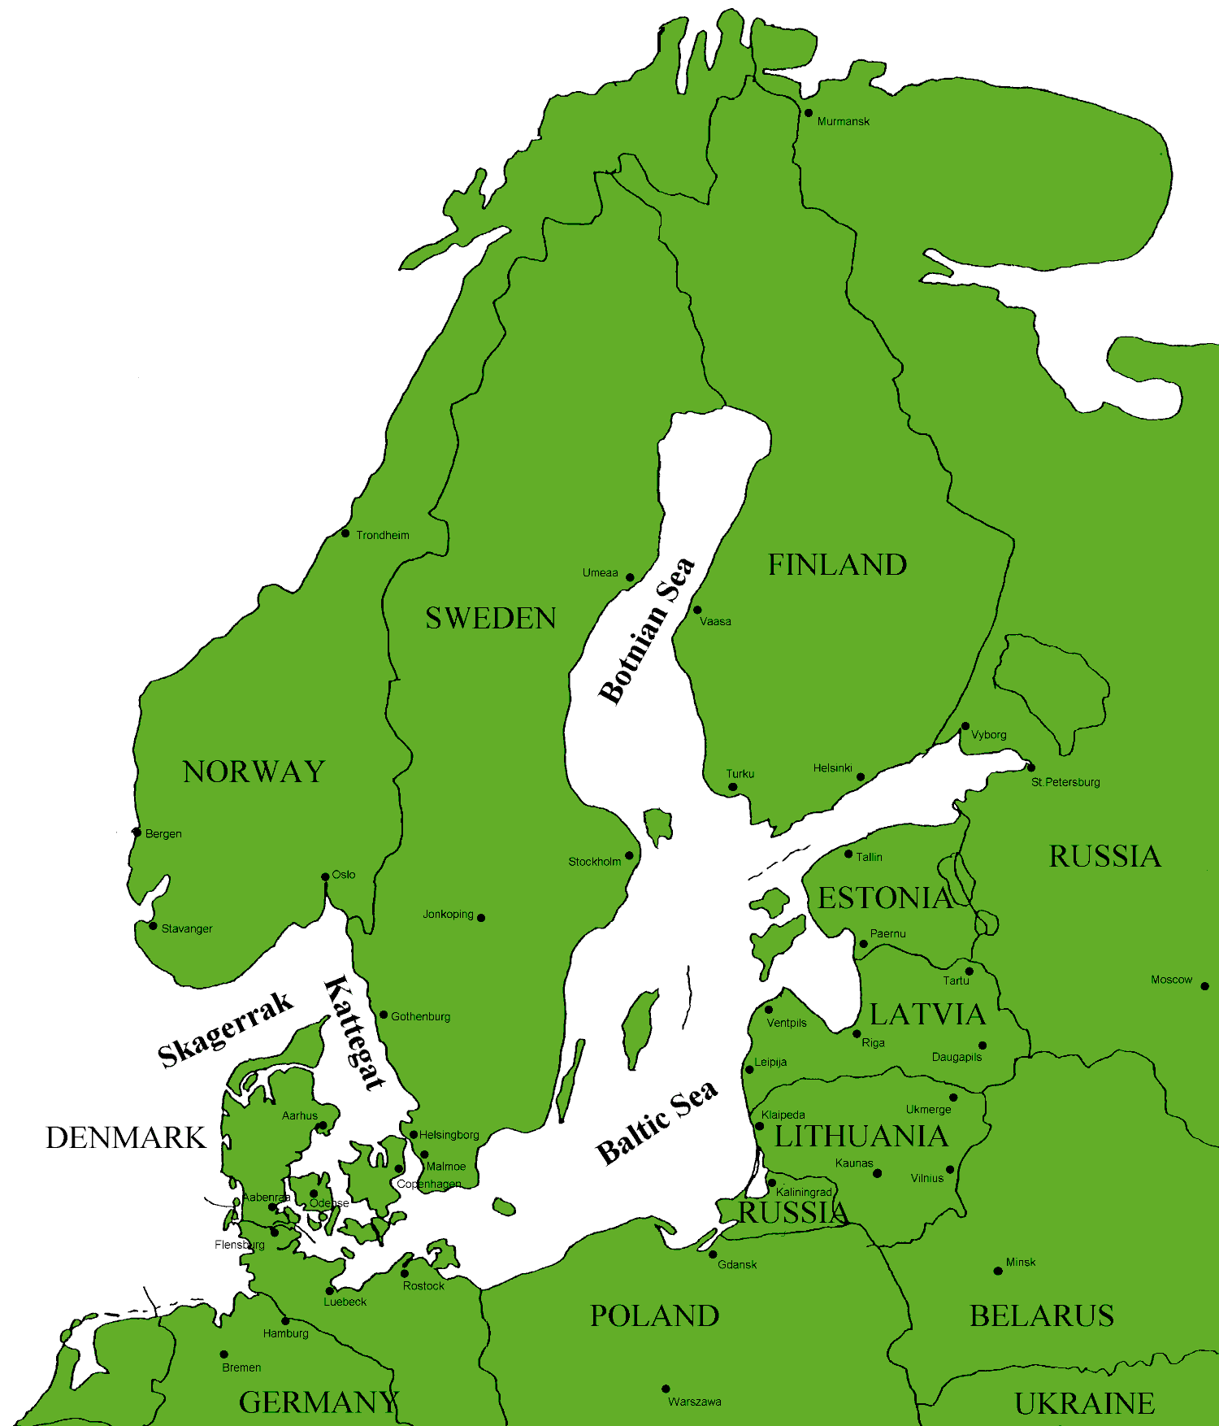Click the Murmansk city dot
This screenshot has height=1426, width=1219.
pyautogui.click(x=808, y=113)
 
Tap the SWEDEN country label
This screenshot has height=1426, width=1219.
pyautogui.click(x=491, y=619)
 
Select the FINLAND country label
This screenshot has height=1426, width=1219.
pyautogui.click(x=837, y=565)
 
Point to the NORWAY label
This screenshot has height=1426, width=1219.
pyautogui.click(x=254, y=772)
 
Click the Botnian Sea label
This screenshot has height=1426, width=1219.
pyautogui.click(x=647, y=631)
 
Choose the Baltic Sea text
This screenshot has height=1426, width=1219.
pyautogui.click(x=657, y=1123)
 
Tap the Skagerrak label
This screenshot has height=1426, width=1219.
pyautogui.click(x=225, y=1028)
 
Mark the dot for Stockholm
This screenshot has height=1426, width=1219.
pyautogui.click(x=629, y=855)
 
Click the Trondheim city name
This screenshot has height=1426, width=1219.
pyautogui.click(x=382, y=535)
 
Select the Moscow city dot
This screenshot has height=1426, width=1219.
pyautogui.click(x=1204, y=986)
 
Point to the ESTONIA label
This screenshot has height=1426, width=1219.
pyautogui.click(x=884, y=898)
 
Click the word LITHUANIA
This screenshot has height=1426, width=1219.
pyautogui.click(x=861, y=1137)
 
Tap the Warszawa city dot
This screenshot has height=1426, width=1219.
pyautogui.click(x=666, y=1389)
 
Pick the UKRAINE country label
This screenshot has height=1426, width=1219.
pyautogui.click(x=1084, y=1404)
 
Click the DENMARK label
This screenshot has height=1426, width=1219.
pyautogui.click(x=125, y=1137)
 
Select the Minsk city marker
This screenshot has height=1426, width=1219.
pyautogui.click(x=998, y=1271)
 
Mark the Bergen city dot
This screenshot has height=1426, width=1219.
pyautogui.click(x=137, y=833)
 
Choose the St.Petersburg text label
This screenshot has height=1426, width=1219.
pyautogui.click(x=1065, y=782)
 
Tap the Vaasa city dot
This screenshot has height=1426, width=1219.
pyautogui.click(x=697, y=610)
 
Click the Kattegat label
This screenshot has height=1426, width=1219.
pyautogui.click(x=354, y=1033)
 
